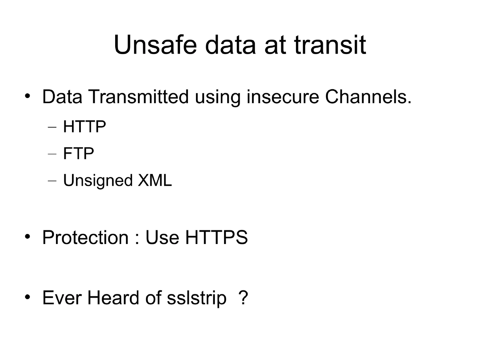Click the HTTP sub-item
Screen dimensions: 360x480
click(x=84, y=128)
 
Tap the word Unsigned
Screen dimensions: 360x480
click(x=98, y=181)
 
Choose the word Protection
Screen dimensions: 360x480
click(x=85, y=238)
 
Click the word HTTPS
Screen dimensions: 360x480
click(x=216, y=238)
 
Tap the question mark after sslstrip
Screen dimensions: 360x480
click(x=243, y=298)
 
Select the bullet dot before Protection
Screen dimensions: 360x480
click(x=27, y=237)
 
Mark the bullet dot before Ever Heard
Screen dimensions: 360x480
click(x=27, y=297)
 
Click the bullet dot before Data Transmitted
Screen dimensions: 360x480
click(x=27, y=96)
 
